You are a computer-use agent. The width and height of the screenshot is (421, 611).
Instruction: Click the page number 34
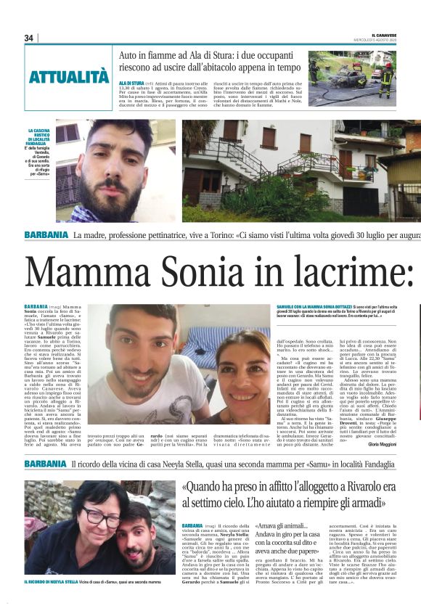(x=29, y=38)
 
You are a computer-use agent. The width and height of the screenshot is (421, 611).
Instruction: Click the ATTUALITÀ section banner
(x=69, y=76)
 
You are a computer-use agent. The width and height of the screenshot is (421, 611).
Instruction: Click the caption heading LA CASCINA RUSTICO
(x=38, y=136)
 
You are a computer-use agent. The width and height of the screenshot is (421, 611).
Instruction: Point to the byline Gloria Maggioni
(x=383, y=444)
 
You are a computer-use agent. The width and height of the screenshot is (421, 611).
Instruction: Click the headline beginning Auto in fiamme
(x=209, y=61)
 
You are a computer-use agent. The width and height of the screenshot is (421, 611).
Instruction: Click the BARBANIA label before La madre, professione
(x=45, y=236)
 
